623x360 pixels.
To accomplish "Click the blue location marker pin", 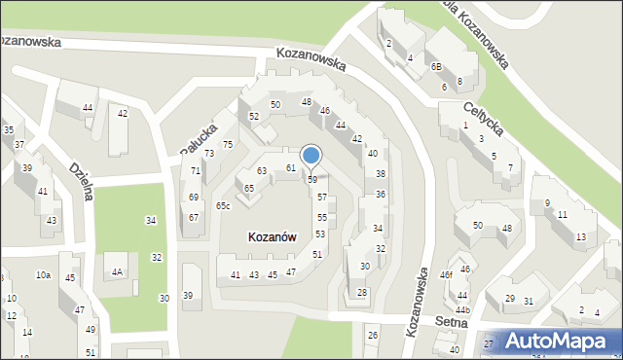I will tap(311, 156).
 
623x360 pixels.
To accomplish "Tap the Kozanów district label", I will tap(258, 236).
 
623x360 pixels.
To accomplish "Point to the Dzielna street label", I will tap(81, 181).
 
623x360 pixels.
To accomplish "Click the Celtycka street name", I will tap(483, 124).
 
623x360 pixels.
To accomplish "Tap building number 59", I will tap(312, 180).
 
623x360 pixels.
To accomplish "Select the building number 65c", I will tap(224, 206).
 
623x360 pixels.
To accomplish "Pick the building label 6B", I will tap(437, 66).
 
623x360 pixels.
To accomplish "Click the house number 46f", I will tap(445, 275).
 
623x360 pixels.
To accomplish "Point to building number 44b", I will tap(463, 310).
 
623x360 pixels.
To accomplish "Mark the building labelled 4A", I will tap(117, 272).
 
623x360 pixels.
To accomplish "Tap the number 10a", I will tap(44, 275).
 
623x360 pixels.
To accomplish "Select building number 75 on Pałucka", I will tap(228, 145).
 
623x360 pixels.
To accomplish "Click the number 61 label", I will tap(291, 168).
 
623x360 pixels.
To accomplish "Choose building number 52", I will tap(254, 117).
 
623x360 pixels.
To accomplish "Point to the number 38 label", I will tap(381, 174).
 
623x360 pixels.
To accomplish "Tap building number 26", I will tap(372, 336).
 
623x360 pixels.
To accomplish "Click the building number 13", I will tap(581, 237).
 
